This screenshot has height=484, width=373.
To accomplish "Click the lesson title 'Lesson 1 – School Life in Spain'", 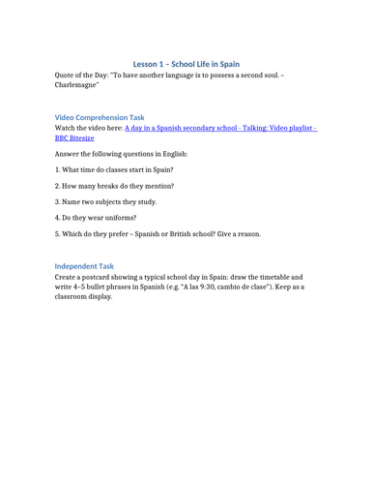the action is click(x=186, y=64).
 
